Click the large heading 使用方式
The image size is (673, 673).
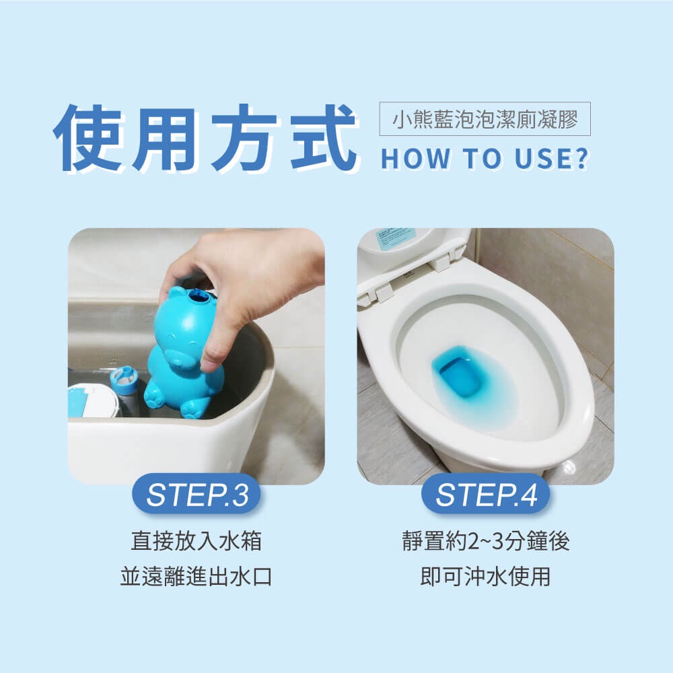click(205, 138)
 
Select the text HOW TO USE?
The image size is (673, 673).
click(485, 158)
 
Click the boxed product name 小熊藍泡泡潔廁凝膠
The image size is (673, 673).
click(485, 119)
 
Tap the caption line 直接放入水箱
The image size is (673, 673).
click(196, 540)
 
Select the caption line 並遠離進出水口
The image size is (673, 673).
click(196, 576)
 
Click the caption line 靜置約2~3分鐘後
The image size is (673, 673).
click(486, 540)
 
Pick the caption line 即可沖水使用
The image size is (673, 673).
click(485, 576)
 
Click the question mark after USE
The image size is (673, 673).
click(582, 158)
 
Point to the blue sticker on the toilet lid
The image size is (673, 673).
click(395, 238)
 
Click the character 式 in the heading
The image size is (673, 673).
click(324, 138)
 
